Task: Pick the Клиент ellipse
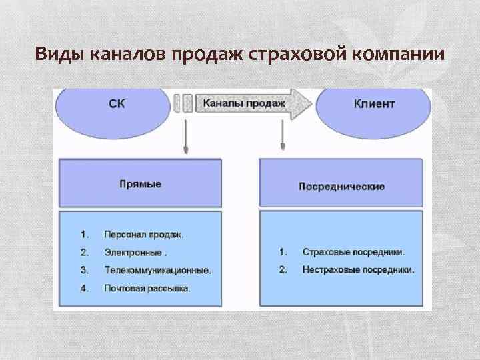(374, 104)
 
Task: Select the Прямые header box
(140, 183)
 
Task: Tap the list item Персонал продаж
(144, 235)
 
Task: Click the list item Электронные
(135, 253)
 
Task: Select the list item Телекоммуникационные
(157, 270)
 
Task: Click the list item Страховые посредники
(353, 253)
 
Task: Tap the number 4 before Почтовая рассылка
(84, 288)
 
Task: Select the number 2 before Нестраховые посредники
(283, 270)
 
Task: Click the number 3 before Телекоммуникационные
(84, 270)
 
